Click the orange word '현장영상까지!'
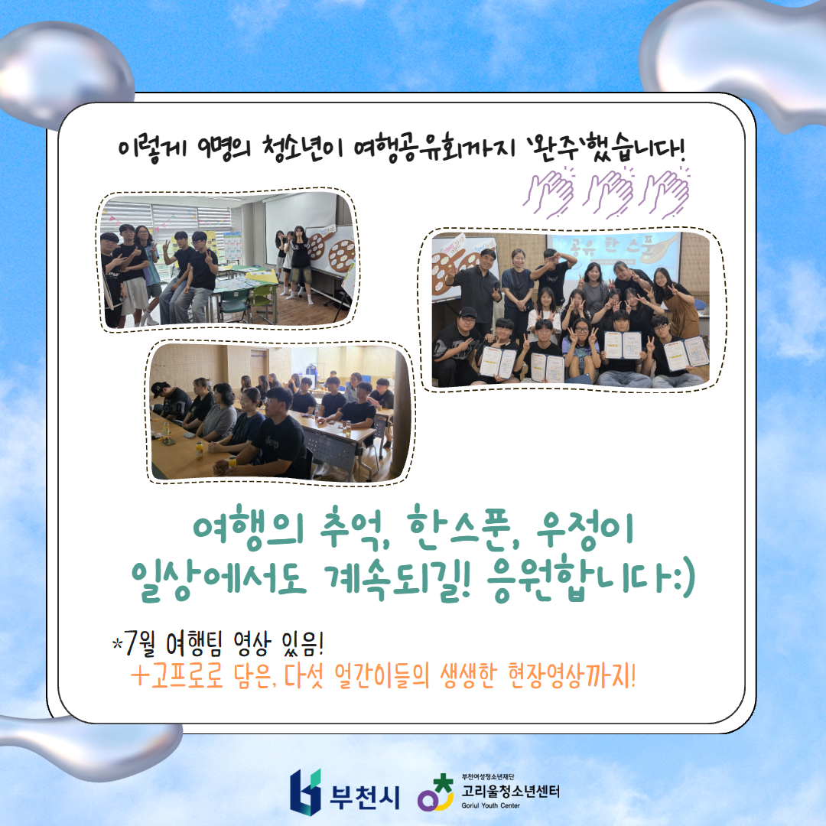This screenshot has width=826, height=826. (571, 675)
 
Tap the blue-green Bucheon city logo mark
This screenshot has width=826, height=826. (305, 792)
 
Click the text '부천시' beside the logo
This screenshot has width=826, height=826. (365, 796)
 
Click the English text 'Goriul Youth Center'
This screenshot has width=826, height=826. (490, 805)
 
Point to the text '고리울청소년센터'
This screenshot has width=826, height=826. (510, 791)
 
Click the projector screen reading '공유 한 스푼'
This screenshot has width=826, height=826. (615, 255)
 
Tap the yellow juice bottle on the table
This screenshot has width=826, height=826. (200, 450)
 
